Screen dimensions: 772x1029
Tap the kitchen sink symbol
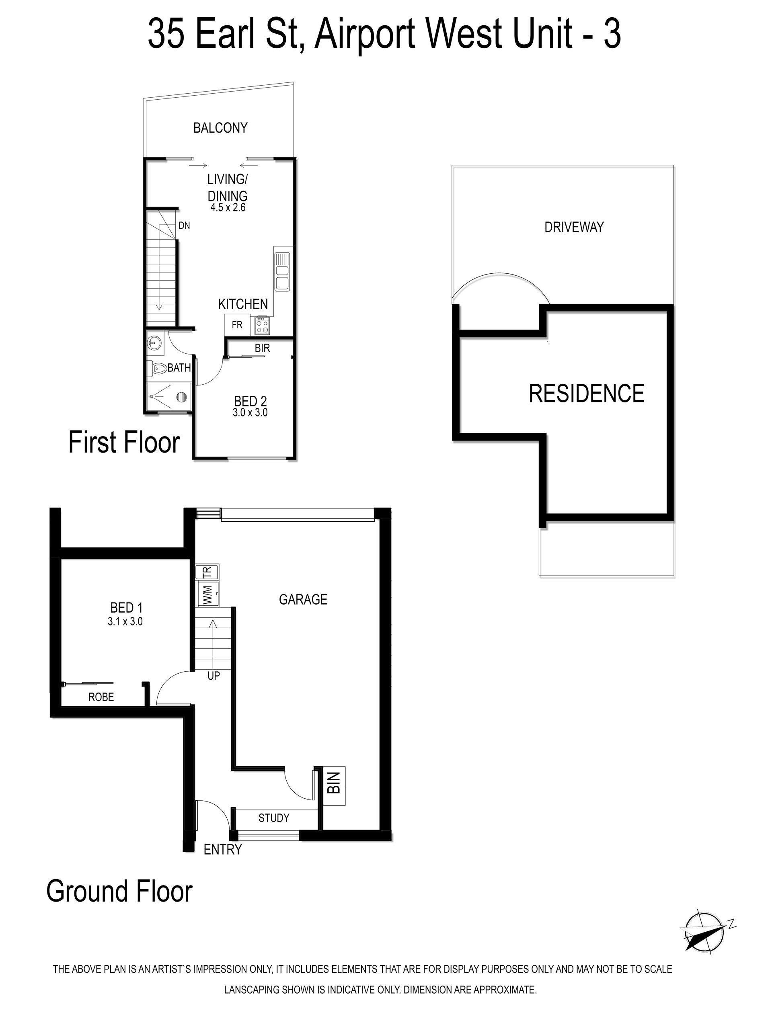point(282,272)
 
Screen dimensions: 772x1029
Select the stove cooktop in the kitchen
point(262,325)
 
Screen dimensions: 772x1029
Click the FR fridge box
point(237,325)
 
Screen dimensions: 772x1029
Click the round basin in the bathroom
point(154,343)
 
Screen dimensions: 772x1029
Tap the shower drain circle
point(181,397)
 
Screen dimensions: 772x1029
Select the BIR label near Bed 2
point(262,348)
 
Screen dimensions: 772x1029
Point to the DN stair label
point(184,225)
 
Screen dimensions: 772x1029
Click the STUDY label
point(274,818)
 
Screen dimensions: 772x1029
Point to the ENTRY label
point(223,849)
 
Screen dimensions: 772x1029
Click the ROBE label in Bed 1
point(101,697)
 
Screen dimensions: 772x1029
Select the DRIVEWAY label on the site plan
point(574,227)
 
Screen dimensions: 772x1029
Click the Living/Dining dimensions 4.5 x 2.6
point(228,207)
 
